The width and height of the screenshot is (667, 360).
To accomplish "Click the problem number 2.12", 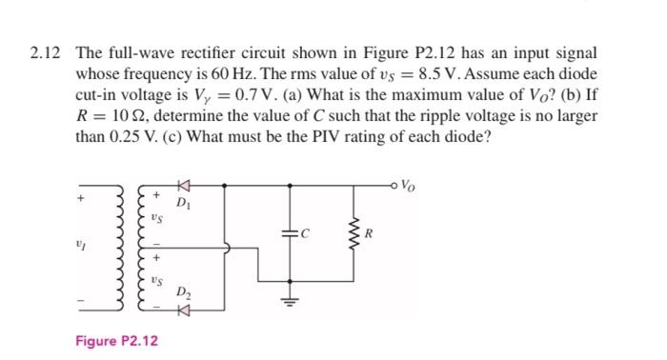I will tap(44, 53).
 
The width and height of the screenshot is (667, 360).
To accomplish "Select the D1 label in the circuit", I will tap(184, 204).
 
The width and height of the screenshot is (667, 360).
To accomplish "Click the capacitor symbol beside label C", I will tap(290, 231).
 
